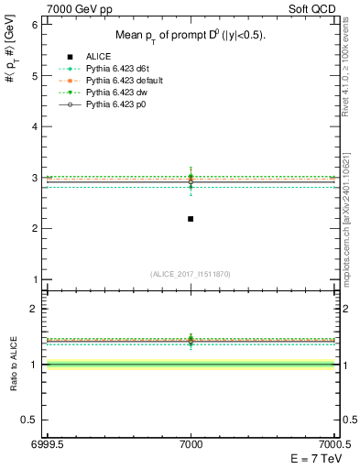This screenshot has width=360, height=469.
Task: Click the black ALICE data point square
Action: point(191,219)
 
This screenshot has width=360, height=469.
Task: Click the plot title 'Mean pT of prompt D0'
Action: point(190,36)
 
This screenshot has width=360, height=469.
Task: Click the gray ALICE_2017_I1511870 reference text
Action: point(191,274)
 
